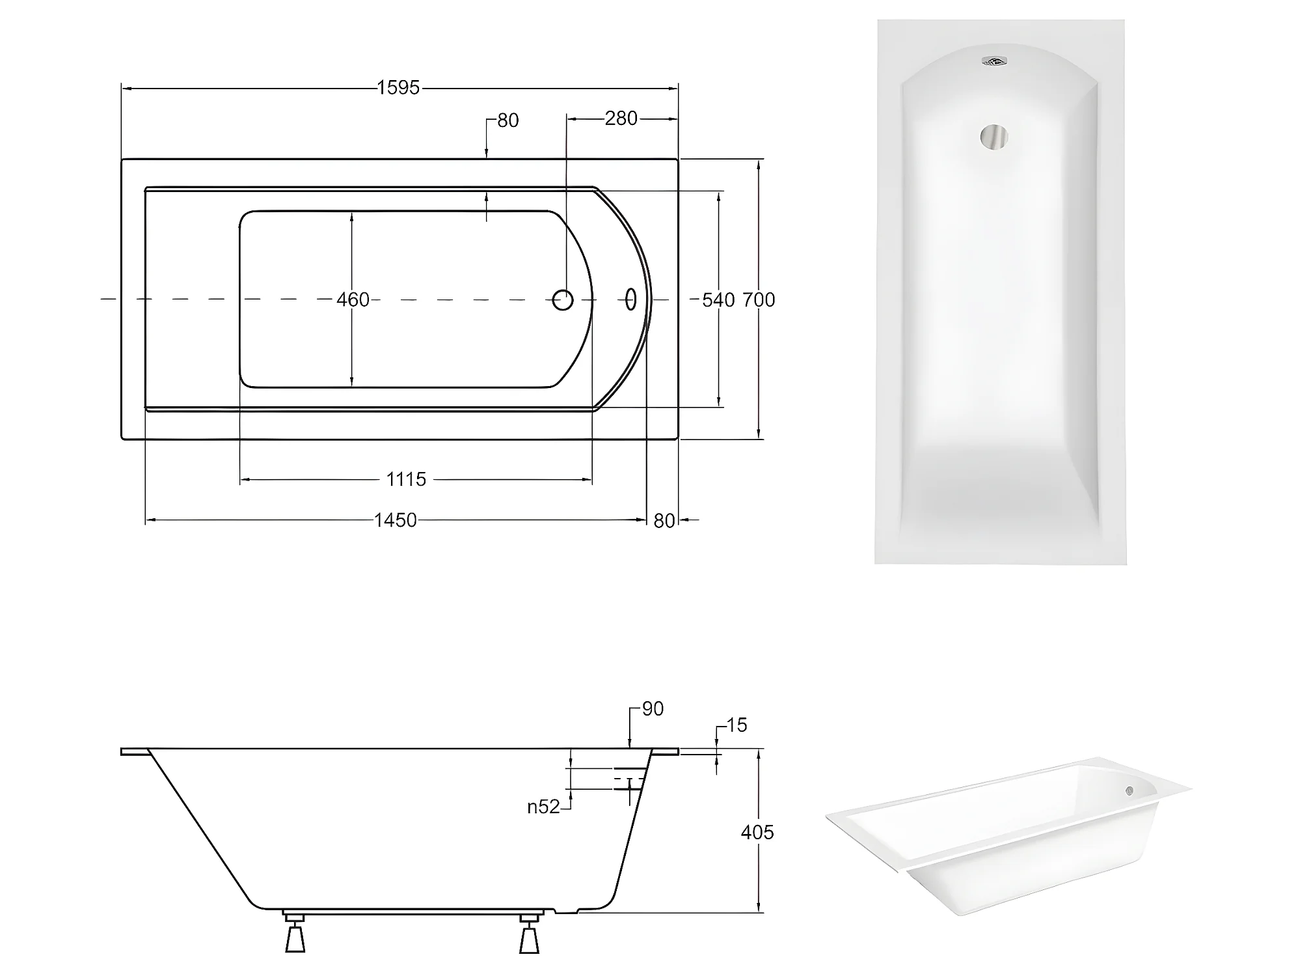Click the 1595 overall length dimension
(398, 88)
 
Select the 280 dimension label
(621, 118)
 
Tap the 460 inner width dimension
(353, 299)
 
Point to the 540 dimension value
(718, 299)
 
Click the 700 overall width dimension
(759, 299)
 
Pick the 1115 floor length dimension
(406, 480)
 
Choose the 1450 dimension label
(395, 520)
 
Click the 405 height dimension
(757, 832)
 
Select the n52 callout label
(543, 807)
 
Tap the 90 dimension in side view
(653, 709)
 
